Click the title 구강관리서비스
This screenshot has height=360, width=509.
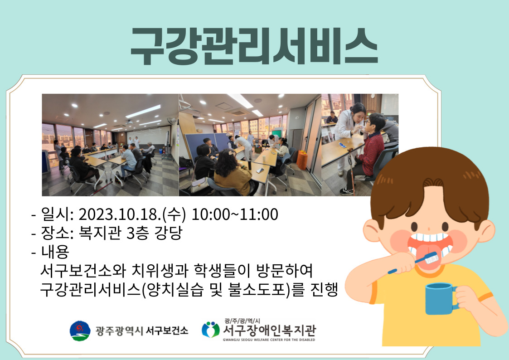(x=254, y=46)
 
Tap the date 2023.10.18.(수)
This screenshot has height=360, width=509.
(x=132, y=214)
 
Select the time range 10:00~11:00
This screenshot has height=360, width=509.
(x=235, y=214)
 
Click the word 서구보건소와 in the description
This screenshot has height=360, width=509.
(x=83, y=270)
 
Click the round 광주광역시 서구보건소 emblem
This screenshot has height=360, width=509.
(x=80, y=331)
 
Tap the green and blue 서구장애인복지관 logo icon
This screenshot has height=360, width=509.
(x=211, y=330)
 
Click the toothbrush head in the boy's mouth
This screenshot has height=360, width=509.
(x=431, y=259)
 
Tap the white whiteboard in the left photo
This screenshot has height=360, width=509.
(x=147, y=136)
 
